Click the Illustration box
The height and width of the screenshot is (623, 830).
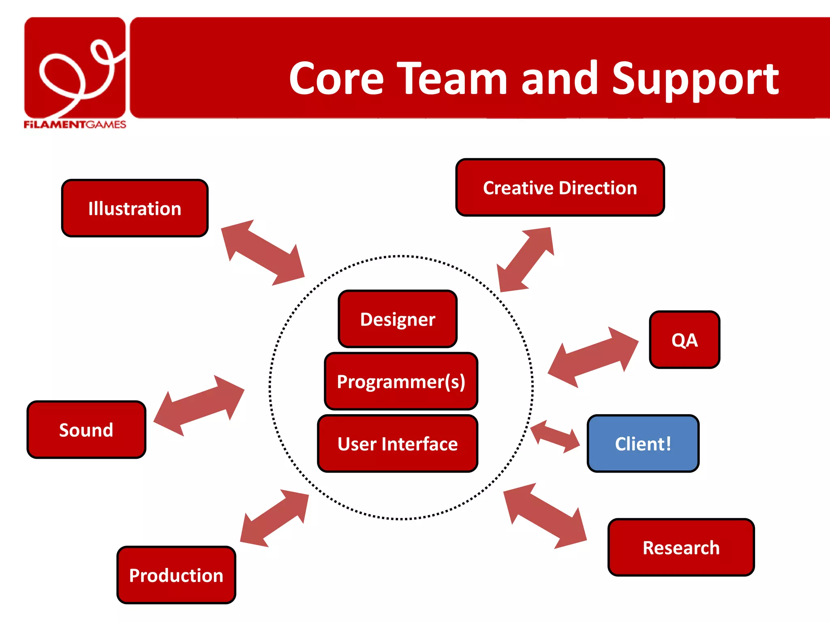(x=135, y=208)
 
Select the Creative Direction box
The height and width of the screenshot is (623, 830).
(x=560, y=188)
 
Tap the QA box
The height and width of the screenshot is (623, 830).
(x=684, y=340)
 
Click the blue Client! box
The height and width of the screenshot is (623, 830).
(x=643, y=444)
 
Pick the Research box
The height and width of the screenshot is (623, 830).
(x=681, y=548)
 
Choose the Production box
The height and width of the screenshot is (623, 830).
(x=176, y=575)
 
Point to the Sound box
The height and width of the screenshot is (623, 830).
(x=86, y=430)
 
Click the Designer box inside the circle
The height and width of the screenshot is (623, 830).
(x=398, y=319)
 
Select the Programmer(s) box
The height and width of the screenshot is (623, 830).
(x=401, y=382)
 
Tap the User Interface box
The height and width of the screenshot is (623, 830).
(x=398, y=444)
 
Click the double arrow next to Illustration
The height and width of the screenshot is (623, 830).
(x=263, y=253)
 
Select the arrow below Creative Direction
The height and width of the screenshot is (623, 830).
(x=526, y=260)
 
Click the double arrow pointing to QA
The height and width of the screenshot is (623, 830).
(x=593, y=357)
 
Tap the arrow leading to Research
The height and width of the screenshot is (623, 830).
(x=545, y=516)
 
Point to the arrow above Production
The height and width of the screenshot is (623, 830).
(x=274, y=518)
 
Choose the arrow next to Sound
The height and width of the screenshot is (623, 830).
(x=199, y=405)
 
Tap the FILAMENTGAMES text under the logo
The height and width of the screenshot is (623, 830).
(x=75, y=125)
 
